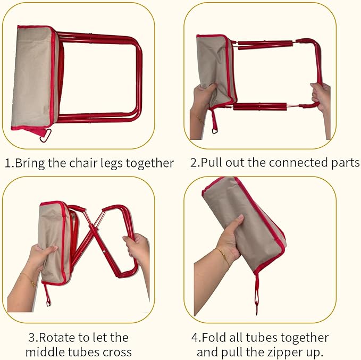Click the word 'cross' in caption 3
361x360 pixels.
[x=117, y=353]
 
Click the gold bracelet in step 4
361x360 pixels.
[x=223, y=255]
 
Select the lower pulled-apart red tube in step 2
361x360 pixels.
[x=260, y=107]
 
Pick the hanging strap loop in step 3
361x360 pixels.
[x=47, y=296]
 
